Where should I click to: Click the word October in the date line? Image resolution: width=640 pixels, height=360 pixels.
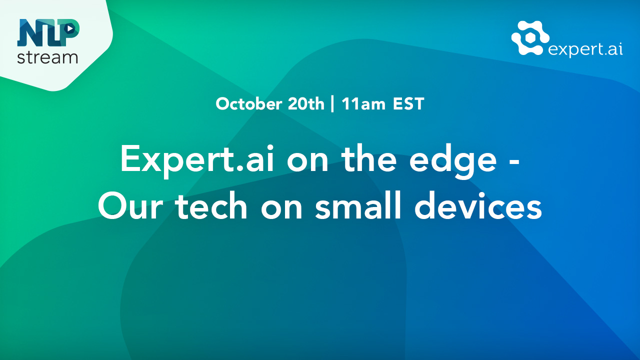click(x=249, y=104)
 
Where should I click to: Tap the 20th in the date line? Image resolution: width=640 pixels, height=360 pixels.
click(x=306, y=103)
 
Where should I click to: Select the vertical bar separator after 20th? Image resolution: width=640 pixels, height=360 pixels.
click(x=332, y=104)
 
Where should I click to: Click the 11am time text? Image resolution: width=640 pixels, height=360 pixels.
click(x=363, y=104)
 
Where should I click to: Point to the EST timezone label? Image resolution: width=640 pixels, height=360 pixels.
click(x=408, y=103)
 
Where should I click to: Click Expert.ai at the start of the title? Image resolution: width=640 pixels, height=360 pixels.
click(x=197, y=160)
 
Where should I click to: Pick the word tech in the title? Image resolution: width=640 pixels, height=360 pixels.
click(x=211, y=204)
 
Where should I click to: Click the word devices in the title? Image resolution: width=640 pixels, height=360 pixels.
click(x=478, y=204)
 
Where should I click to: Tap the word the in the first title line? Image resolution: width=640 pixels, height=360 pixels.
click(x=369, y=158)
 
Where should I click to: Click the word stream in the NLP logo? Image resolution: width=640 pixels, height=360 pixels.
click(x=47, y=57)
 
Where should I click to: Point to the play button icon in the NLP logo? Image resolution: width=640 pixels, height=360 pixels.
click(x=69, y=28)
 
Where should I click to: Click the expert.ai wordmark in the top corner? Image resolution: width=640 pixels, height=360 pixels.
click(x=585, y=49)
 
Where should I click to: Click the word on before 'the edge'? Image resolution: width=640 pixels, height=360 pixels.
click(x=307, y=161)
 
